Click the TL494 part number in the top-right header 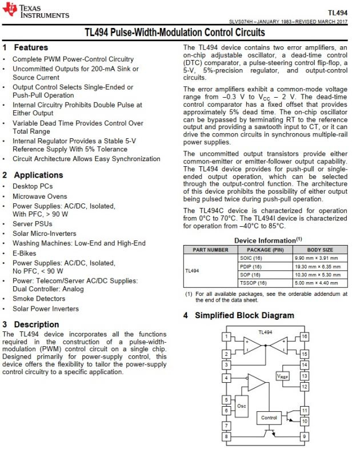click(338, 13)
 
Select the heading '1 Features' click(26, 47)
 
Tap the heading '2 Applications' click(33, 175)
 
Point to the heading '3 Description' click(31, 324)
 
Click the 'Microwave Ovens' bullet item click(39, 196)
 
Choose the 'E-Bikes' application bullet click(25, 254)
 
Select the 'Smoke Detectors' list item click(39, 298)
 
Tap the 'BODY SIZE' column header click(320, 250)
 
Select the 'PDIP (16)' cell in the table click(250, 266)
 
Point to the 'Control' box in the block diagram click(269, 418)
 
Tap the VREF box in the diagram click(283, 376)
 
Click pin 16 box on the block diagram click(305, 337)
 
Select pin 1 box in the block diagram click(227, 337)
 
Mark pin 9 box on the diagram click(305, 436)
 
